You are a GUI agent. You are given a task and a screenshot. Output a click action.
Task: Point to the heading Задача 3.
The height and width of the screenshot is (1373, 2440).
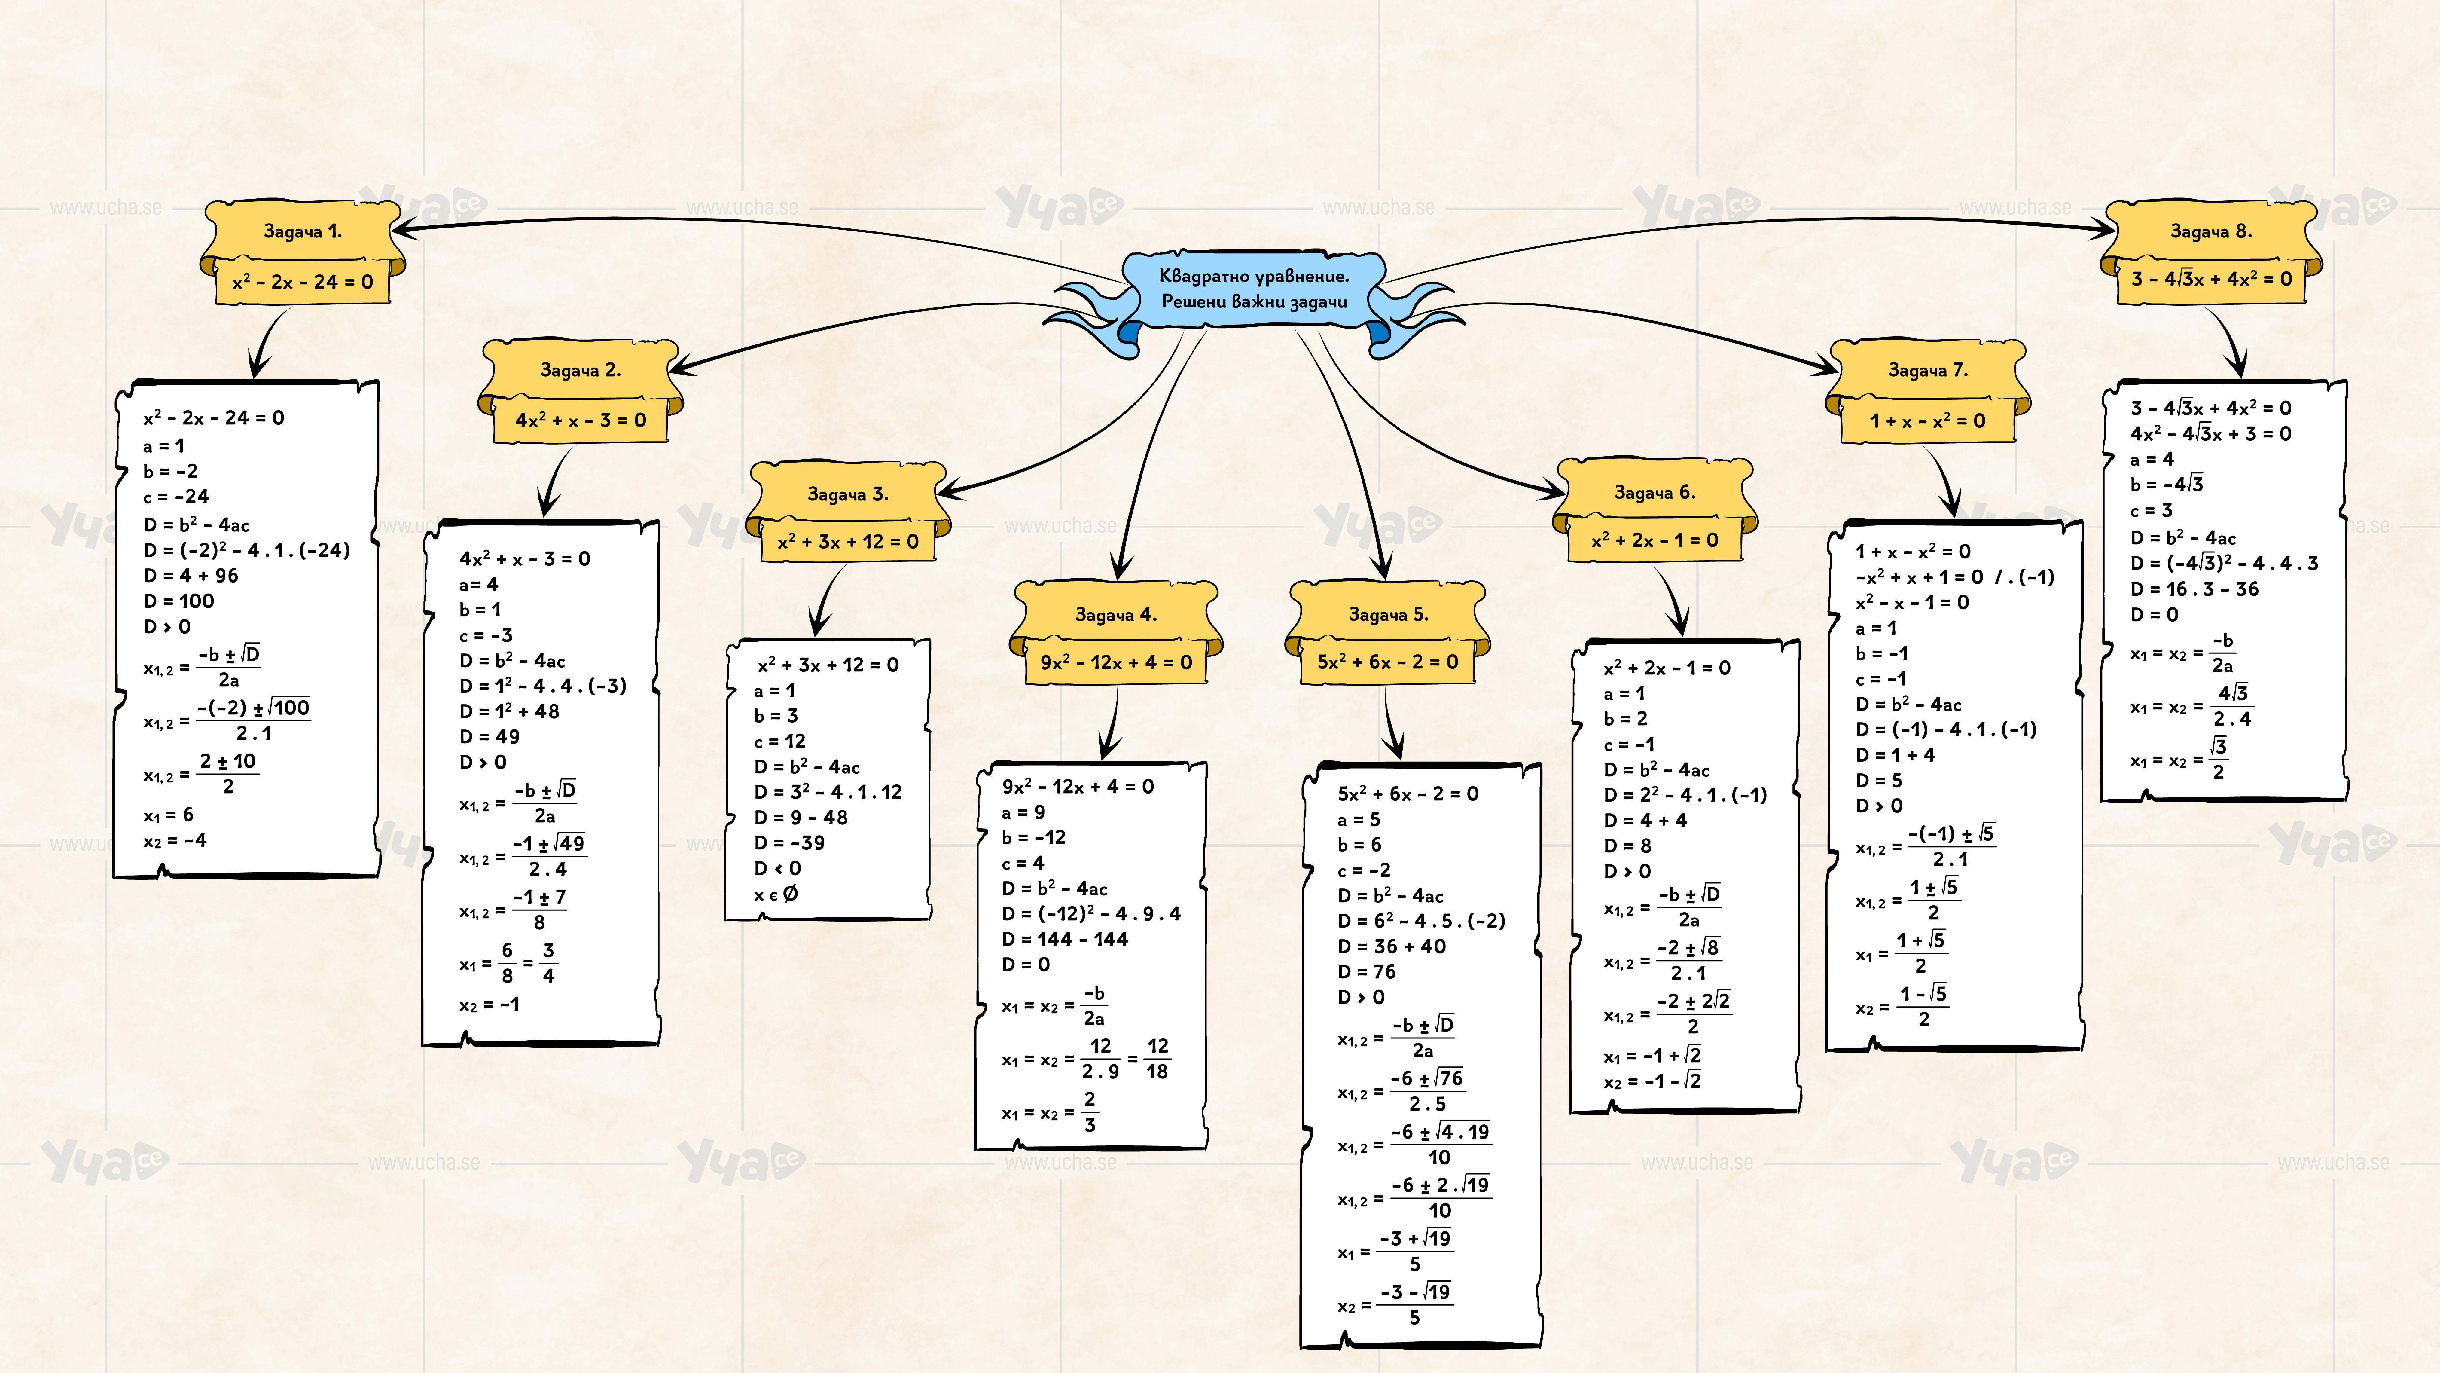[x=848, y=494]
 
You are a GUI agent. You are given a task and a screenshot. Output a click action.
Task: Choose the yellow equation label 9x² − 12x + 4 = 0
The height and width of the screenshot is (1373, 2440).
[x=1116, y=662]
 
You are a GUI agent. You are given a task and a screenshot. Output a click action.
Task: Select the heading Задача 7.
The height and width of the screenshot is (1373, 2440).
[x=1928, y=371]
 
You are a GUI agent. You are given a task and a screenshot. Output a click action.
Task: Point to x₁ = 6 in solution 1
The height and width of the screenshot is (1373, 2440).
[x=169, y=815]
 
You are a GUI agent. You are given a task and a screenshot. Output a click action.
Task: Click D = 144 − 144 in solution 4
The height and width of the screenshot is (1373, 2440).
[x=1065, y=939]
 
